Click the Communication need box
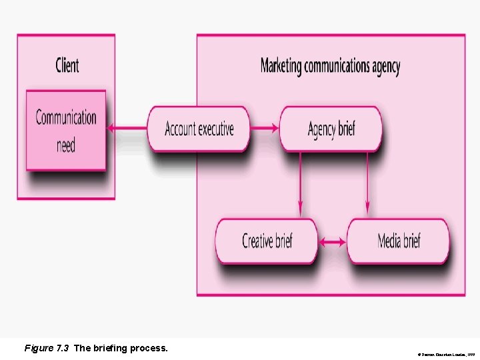(x=66, y=130)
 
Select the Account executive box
(x=199, y=129)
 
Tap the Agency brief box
(x=331, y=129)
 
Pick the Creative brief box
(x=267, y=241)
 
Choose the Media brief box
(x=398, y=241)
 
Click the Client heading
(x=67, y=65)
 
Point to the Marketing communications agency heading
(x=330, y=66)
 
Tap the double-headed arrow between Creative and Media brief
(x=332, y=243)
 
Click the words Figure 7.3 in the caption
(x=47, y=348)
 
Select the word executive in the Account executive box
(x=215, y=129)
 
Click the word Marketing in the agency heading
(x=281, y=66)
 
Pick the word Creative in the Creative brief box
(x=257, y=241)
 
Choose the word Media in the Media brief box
(x=389, y=241)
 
